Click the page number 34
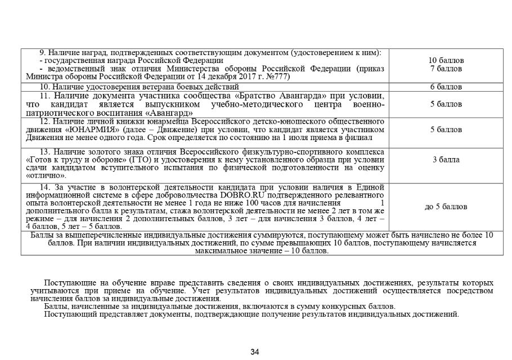coord(254,353)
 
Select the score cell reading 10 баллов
coord(446,60)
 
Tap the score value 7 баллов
coord(446,68)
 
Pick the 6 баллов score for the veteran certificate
coord(446,87)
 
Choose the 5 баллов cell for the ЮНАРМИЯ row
coord(446,130)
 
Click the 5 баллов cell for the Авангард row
coord(446,104)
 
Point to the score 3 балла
coord(446,160)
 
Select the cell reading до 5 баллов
coord(446,206)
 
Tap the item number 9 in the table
coord(41,52)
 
